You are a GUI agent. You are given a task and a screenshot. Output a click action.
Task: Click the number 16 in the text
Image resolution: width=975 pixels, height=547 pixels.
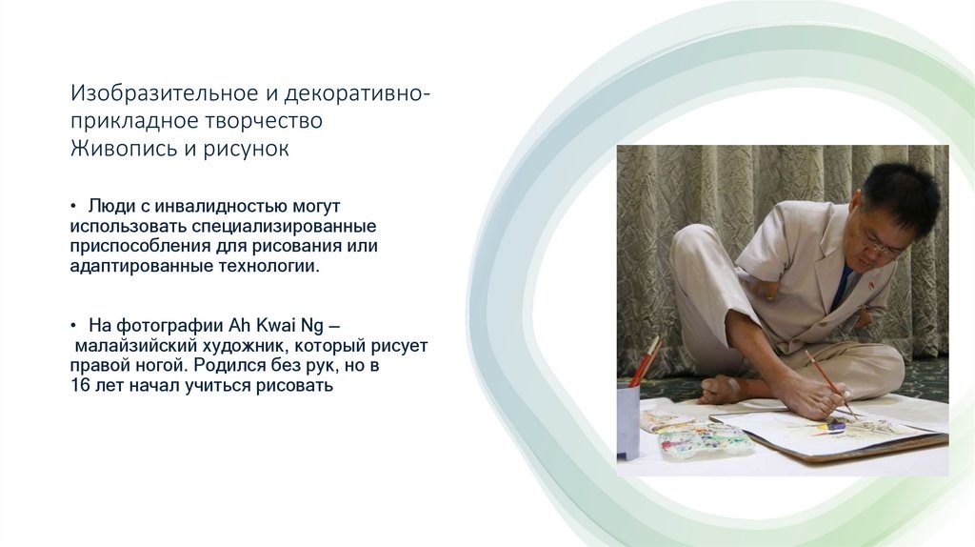coord(79,386)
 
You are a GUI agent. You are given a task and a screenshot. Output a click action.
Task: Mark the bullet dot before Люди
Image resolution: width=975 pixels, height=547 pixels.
coord(73,207)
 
